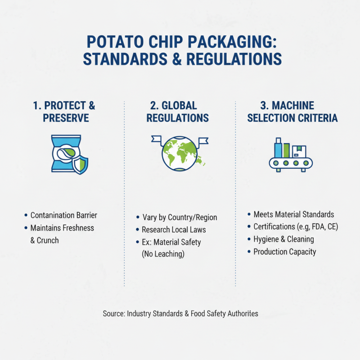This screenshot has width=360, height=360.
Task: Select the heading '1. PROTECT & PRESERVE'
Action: point(64,112)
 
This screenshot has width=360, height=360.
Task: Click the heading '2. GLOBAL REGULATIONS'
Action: point(180,112)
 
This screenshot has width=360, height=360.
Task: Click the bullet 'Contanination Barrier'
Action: point(63,215)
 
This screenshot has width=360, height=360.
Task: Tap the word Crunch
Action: point(48,240)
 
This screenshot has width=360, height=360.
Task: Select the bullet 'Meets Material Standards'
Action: point(293,214)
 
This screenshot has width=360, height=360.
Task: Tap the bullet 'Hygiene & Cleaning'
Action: point(283,239)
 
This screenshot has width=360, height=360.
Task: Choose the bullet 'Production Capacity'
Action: point(284,252)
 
